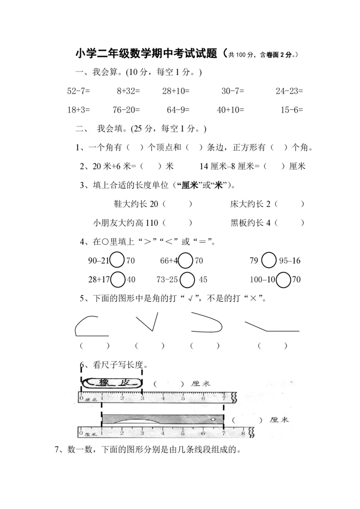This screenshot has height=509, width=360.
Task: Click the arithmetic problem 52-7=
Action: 79,91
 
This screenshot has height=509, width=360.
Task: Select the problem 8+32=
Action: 128,91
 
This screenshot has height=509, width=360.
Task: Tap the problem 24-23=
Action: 289,91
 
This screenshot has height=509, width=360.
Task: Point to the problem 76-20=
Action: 126,109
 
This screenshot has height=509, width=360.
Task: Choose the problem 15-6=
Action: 292,109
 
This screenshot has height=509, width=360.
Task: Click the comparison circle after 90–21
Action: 117,260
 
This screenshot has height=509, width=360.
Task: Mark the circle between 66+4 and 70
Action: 185,260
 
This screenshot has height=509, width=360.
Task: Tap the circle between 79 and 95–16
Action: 269,260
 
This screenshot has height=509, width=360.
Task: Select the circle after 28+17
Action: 117,279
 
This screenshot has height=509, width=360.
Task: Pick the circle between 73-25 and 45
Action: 187,279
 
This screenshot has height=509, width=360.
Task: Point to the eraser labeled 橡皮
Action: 112,383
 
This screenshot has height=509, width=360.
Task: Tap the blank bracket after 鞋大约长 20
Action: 177,204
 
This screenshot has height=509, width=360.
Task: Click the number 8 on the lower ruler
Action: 243,433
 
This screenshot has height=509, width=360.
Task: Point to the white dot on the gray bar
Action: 213,419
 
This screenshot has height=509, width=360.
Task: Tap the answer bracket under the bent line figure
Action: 273,346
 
